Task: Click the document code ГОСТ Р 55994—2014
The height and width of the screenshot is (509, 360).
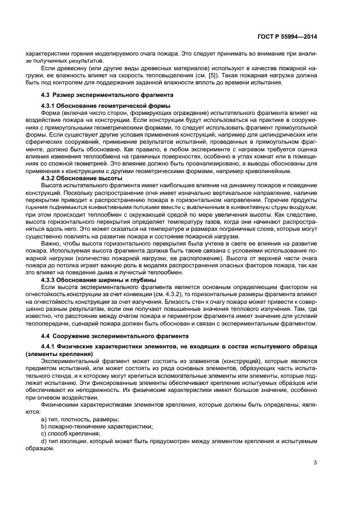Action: [x=287, y=36]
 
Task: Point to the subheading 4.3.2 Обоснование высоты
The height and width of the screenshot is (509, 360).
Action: [x=82, y=178]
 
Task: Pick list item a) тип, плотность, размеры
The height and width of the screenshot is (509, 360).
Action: [x=80, y=419]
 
